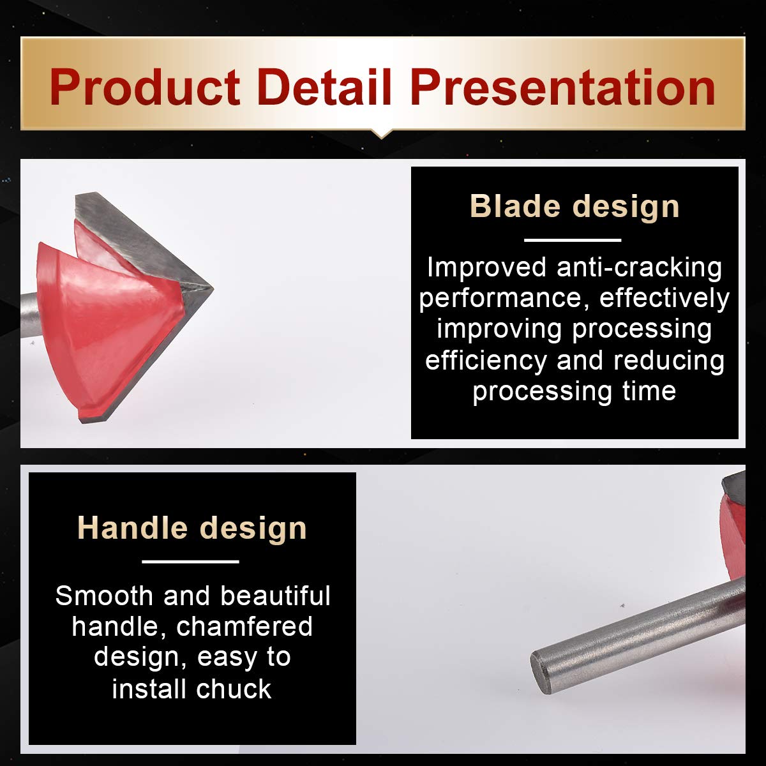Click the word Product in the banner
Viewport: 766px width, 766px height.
tap(145, 87)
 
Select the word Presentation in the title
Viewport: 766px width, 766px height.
tap(563, 87)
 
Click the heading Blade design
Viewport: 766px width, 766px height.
tap(574, 206)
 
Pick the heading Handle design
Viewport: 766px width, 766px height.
tap(192, 528)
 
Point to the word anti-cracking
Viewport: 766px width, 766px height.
tap(640, 267)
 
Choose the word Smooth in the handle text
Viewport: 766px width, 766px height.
tap(104, 596)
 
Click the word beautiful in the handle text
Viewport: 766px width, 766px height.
tap(276, 596)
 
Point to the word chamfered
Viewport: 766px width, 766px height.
tap(244, 627)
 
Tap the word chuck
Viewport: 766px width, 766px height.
tap(234, 689)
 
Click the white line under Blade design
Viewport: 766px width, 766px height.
tap(573, 240)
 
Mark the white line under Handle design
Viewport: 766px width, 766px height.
tap(190, 562)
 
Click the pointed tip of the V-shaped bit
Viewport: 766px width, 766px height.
tap(213, 289)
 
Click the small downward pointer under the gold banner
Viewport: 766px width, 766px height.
tap(382, 134)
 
